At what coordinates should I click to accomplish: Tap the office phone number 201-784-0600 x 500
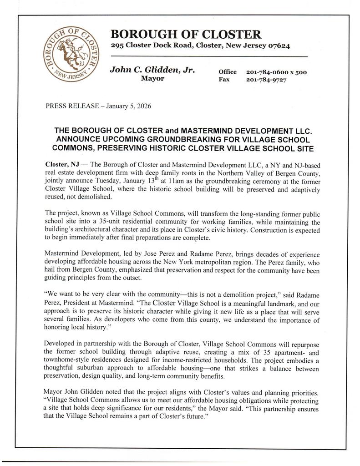click(x=276, y=72)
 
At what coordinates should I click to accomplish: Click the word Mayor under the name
click(x=153, y=78)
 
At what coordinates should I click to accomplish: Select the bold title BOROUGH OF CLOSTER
click(x=186, y=34)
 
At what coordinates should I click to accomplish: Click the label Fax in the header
click(x=223, y=80)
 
